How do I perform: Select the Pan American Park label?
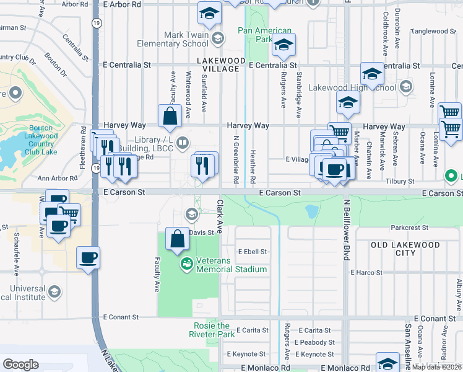click(x=264, y=35)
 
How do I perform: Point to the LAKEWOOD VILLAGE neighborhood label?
click(x=218, y=64)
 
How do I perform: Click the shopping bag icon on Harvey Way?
click(x=170, y=115)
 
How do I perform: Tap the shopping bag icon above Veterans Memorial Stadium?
click(x=177, y=239)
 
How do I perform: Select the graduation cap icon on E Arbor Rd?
click(x=209, y=12)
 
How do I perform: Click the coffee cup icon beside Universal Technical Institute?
click(x=87, y=257)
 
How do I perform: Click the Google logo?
click(x=20, y=365)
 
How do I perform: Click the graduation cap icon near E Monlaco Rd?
click(x=387, y=363)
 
